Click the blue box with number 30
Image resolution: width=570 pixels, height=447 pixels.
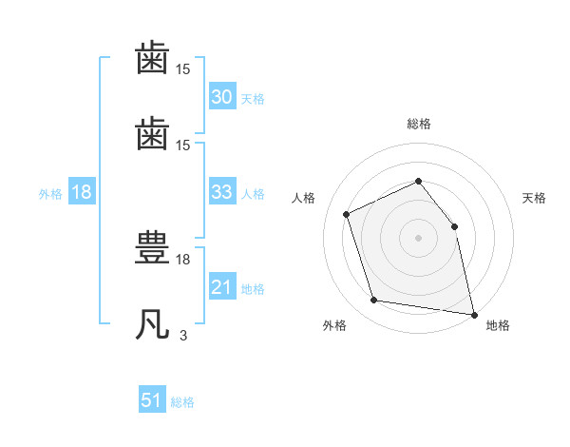221,97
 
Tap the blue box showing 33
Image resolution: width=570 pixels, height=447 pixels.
221,192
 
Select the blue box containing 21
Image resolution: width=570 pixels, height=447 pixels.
221,287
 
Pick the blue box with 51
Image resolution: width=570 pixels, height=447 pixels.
152,400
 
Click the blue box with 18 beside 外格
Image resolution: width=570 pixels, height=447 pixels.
82,192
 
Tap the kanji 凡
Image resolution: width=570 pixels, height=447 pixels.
153,323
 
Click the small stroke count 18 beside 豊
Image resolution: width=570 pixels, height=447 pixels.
183,259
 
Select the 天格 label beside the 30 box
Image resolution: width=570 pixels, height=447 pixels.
253,98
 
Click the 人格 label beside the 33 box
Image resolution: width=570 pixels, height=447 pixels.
253,193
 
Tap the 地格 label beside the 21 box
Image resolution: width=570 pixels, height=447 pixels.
253,288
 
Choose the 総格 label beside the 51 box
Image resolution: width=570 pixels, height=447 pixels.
182,401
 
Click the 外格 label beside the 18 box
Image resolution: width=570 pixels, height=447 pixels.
50,193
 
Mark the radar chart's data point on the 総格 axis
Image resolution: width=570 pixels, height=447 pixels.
418,181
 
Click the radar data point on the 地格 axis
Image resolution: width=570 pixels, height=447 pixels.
472,313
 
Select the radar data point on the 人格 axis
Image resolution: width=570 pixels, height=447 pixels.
347,214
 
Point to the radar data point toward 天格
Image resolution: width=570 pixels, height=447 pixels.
454,226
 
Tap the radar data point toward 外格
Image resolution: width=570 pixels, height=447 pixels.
374,301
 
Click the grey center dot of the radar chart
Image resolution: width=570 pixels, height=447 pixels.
418,238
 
